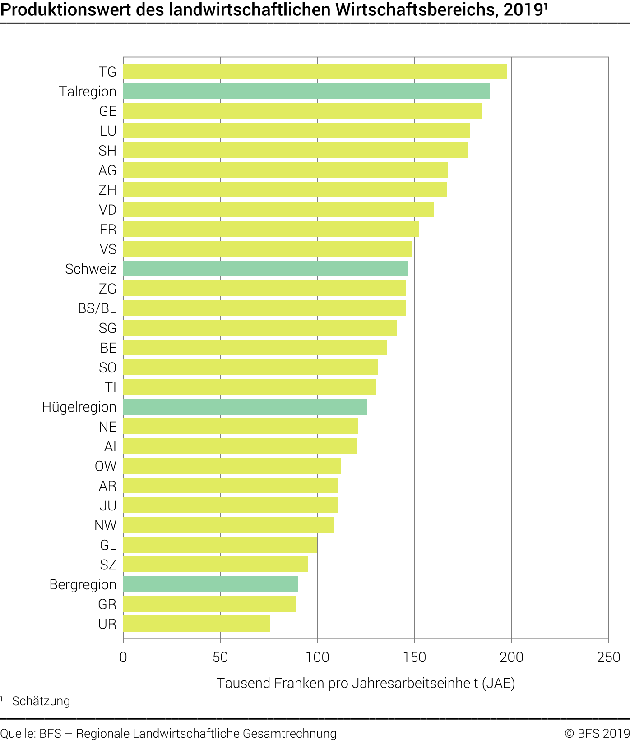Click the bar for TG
[x=315, y=72]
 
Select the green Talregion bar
[x=306, y=92]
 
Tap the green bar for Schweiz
[x=265, y=269]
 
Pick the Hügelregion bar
[x=245, y=407]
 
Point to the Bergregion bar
[x=210, y=584]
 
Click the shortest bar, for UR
[x=196, y=624]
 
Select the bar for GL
[x=220, y=545]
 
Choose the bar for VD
[x=278, y=210]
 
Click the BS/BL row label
[x=97, y=308]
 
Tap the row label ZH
[x=107, y=190]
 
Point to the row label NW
[x=105, y=525]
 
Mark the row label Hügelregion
[x=79, y=407]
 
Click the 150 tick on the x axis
[x=414, y=657]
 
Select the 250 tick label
[x=608, y=657]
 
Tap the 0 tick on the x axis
[x=123, y=657]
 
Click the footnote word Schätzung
[x=41, y=701]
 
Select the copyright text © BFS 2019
[x=597, y=734]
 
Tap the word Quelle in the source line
[x=18, y=734]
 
